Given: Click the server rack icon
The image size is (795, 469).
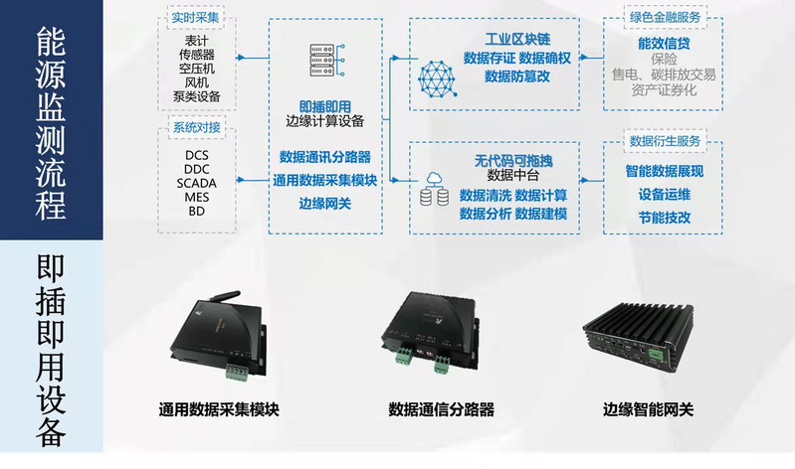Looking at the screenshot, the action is [326, 61].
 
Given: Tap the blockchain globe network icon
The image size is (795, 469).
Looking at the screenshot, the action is [437, 79].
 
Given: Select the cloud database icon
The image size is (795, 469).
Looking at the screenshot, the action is [435, 189].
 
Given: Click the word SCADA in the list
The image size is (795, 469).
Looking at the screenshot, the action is [197, 183].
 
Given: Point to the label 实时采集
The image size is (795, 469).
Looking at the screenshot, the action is [195, 18].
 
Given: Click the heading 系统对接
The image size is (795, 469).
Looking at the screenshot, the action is [197, 127].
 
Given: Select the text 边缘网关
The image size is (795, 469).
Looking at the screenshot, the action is [325, 204].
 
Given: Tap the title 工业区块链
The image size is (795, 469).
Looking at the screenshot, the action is [517, 39].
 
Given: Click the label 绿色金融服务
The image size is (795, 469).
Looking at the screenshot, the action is [665, 17].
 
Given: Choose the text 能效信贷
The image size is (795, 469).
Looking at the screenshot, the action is [664, 44].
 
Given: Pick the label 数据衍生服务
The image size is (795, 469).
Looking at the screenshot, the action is [665, 141].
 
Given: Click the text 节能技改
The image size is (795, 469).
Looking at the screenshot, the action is [665, 218].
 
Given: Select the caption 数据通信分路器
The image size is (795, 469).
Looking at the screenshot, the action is [441, 409].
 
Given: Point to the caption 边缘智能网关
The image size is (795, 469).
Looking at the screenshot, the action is [648, 409].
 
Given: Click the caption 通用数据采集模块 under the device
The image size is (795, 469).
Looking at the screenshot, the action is [219, 409].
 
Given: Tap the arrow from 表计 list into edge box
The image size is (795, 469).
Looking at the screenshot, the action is [253, 58].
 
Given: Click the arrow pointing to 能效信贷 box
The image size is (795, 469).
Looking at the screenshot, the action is [591, 58].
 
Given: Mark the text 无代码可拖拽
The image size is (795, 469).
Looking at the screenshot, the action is [513, 161].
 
